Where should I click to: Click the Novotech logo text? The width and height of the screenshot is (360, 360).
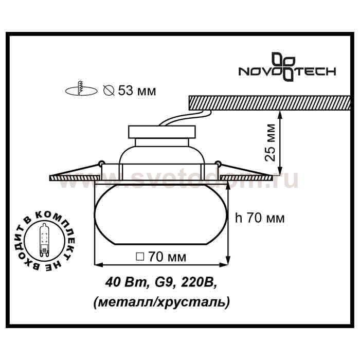(x=287, y=71)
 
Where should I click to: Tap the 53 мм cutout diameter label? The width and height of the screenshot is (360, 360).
(x=137, y=91)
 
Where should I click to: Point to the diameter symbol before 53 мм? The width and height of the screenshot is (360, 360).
(x=109, y=90)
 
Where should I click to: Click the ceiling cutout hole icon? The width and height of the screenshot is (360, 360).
(x=81, y=89)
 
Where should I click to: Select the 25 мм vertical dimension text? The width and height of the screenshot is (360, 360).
(x=269, y=142)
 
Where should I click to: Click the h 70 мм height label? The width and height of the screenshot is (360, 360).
(x=260, y=218)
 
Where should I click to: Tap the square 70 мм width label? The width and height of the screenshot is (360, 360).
(x=161, y=257)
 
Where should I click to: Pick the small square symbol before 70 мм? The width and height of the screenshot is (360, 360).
(x=140, y=257)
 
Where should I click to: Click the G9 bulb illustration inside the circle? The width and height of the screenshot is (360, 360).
(x=44, y=240)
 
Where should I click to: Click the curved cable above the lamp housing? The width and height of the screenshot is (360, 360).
(x=186, y=118)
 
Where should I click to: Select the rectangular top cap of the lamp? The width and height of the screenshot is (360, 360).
(x=162, y=132)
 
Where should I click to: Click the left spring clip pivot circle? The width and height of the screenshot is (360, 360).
(x=100, y=164)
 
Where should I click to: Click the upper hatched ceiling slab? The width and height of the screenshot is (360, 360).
(x=269, y=103)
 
